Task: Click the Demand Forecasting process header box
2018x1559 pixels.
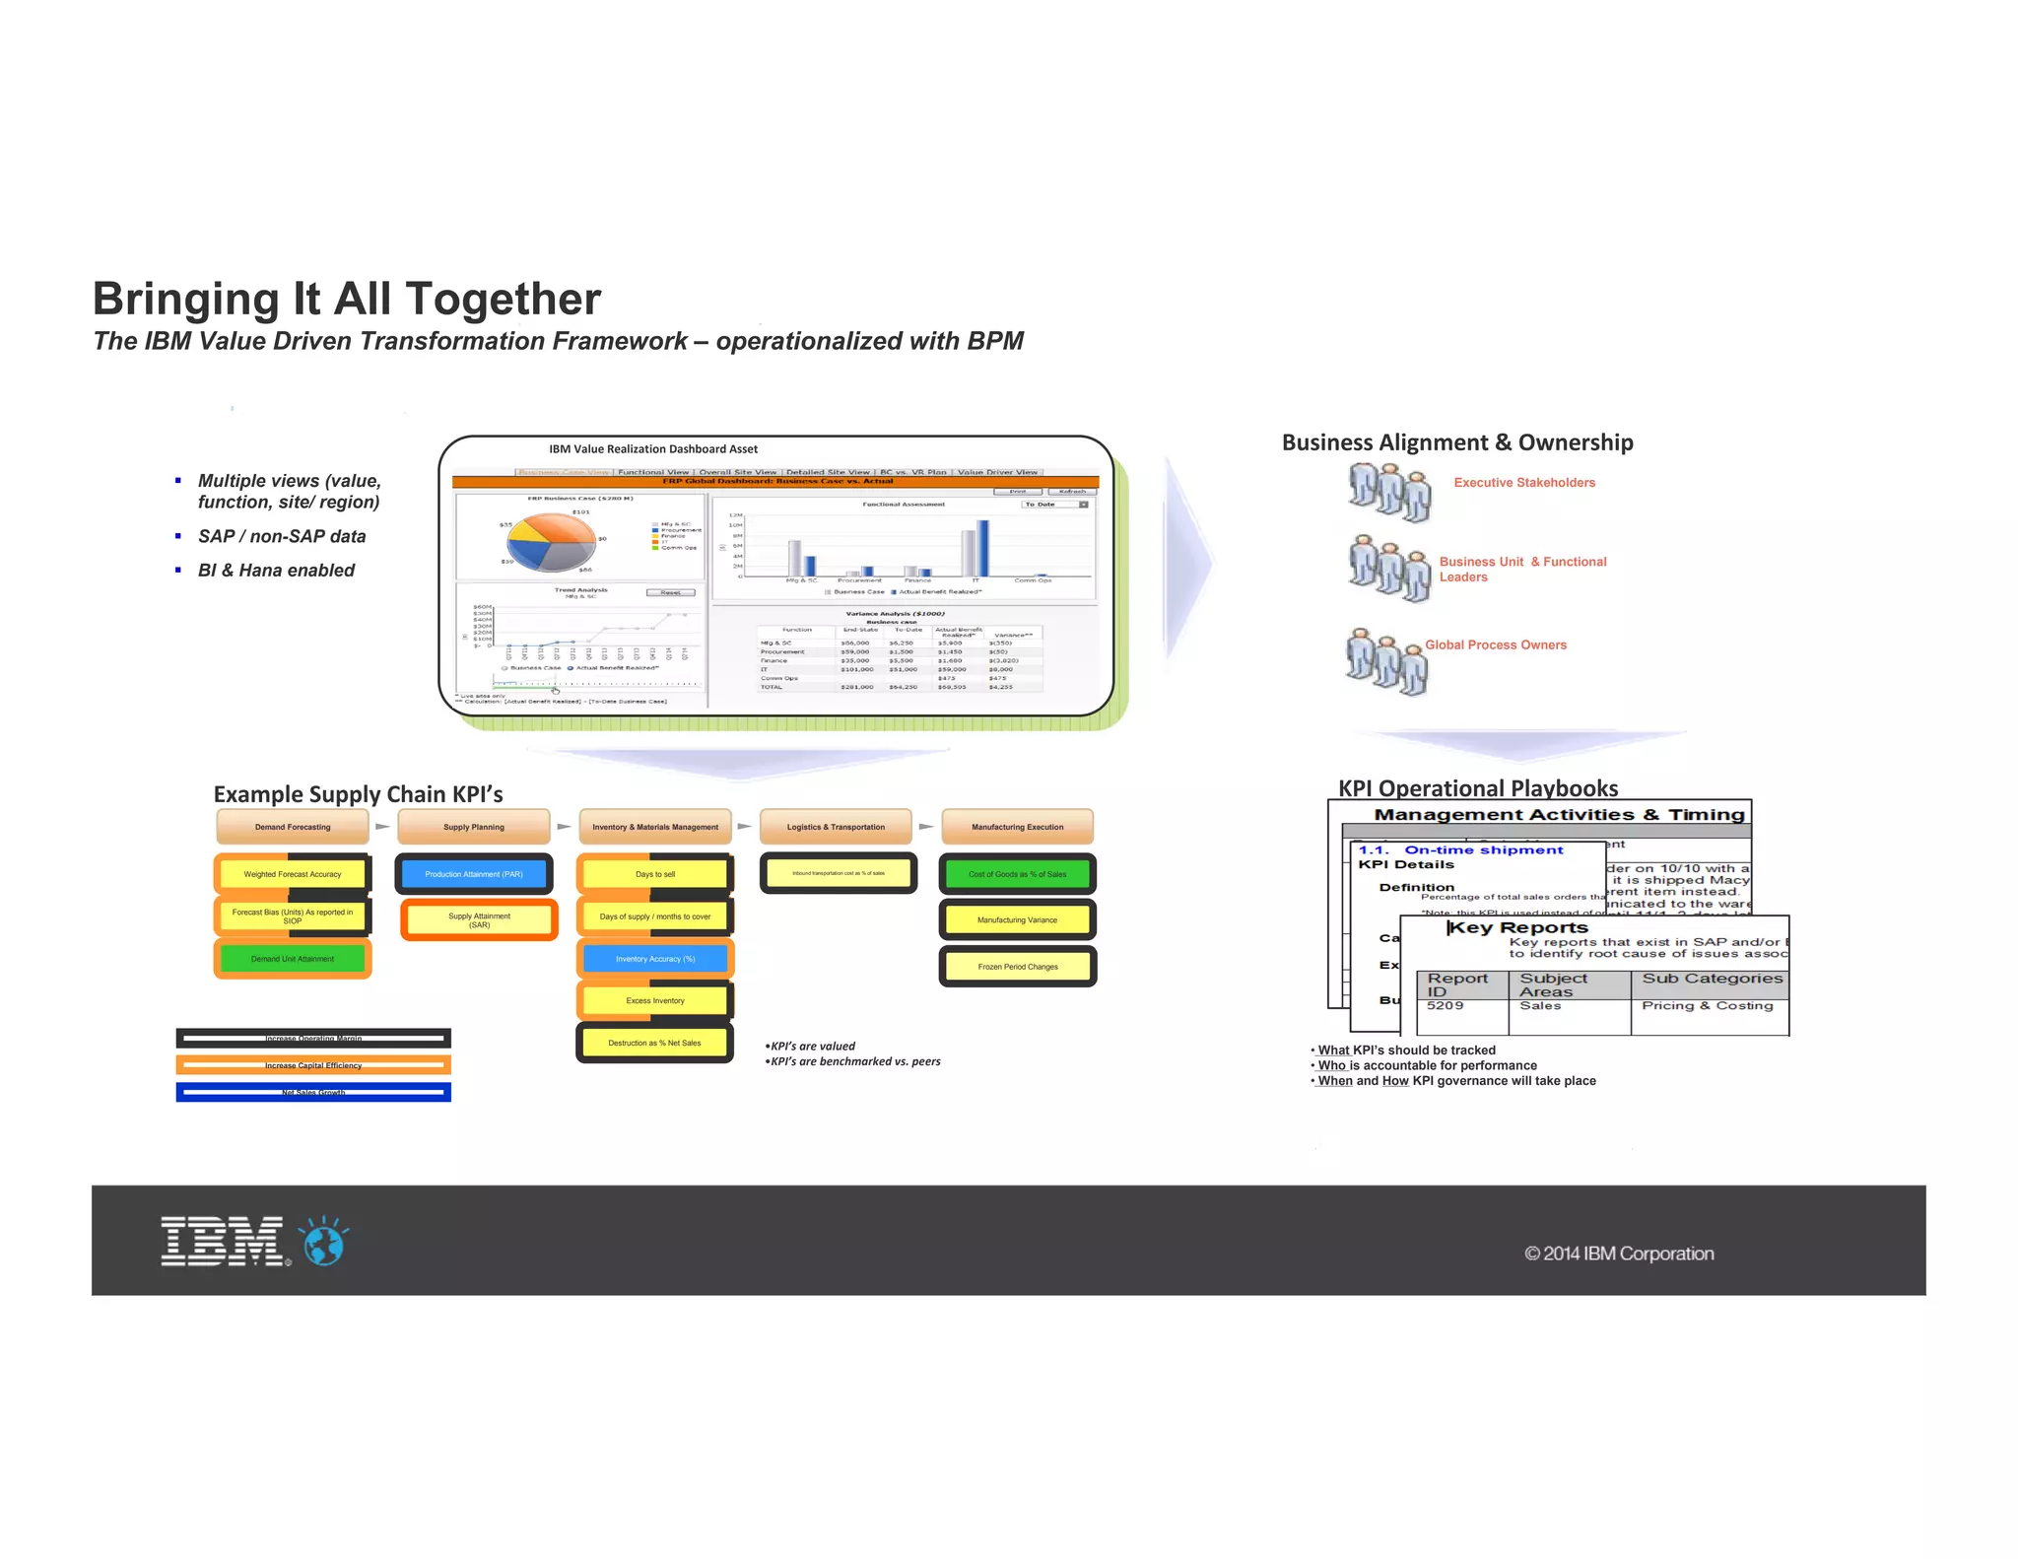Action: tap(293, 827)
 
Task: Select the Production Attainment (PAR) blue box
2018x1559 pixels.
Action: tap(474, 874)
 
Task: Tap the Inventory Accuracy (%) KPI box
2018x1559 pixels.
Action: tap(655, 959)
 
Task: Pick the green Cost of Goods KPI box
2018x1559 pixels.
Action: tap(1017, 874)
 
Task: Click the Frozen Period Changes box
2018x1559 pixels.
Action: tap(1018, 967)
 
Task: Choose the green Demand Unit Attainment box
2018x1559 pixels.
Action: tap(293, 959)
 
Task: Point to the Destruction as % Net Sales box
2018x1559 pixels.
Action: tap(654, 1043)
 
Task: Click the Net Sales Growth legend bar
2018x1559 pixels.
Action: tap(313, 1092)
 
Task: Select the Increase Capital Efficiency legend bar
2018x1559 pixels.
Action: tap(313, 1065)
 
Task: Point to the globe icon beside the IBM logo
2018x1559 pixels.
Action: tap(324, 1242)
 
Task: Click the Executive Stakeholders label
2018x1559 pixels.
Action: tap(1524, 483)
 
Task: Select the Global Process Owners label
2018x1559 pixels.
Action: tap(1496, 645)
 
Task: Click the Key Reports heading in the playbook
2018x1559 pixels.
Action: tap(1518, 928)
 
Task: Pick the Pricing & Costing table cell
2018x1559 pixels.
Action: tap(1708, 1006)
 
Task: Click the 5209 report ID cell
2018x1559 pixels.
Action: tap(1446, 1006)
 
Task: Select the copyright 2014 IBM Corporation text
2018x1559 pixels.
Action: tap(1619, 1254)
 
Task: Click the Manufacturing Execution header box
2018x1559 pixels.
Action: tap(1018, 827)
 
